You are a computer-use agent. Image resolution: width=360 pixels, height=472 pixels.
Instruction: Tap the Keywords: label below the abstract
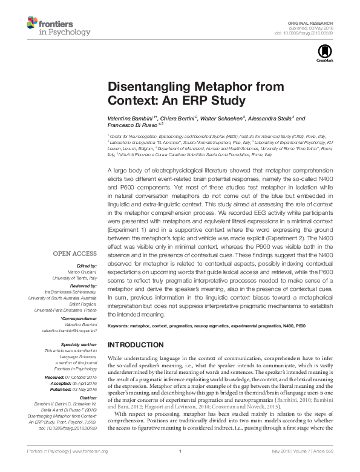coord(120,326)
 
